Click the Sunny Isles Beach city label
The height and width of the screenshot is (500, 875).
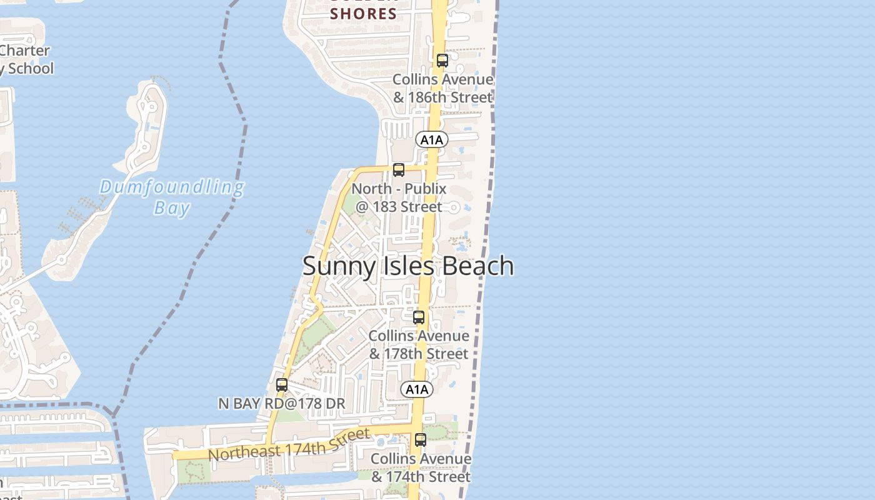tap(408, 266)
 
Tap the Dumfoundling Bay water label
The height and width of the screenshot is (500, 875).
tap(172, 197)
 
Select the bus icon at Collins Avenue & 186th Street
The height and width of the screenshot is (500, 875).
tap(442, 61)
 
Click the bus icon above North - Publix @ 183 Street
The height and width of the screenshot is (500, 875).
tap(399, 169)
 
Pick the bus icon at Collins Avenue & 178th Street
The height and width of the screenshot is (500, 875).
tap(419, 317)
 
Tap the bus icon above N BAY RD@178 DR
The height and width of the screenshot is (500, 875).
tap(282, 385)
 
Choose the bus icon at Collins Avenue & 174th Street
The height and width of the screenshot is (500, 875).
tap(421, 440)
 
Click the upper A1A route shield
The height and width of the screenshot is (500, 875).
tap(431, 140)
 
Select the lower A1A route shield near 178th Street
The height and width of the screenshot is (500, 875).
tap(416, 390)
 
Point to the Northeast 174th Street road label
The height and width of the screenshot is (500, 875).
tap(289, 444)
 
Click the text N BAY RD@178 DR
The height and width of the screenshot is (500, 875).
tap(281, 404)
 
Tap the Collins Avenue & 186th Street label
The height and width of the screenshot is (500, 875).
tap(442, 89)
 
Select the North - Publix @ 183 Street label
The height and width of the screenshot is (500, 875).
tap(399, 197)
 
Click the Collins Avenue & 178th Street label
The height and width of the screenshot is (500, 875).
tap(418, 345)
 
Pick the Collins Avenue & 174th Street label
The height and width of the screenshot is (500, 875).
tap(421, 467)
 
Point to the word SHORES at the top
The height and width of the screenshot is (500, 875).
tap(363, 13)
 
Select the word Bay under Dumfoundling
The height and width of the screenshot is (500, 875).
tap(172, 208)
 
